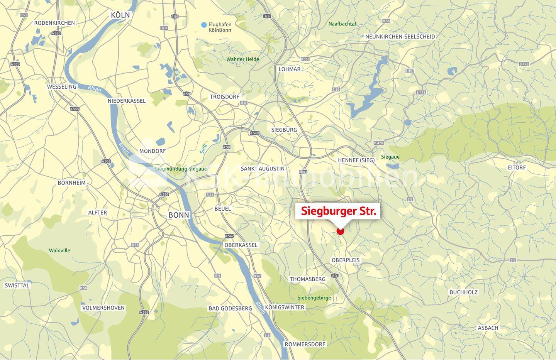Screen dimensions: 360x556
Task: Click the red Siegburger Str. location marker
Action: (x=340, y=231)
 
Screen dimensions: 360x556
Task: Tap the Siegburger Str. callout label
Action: (x=338, y=211)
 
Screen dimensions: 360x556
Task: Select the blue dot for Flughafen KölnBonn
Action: (x=204, y=25)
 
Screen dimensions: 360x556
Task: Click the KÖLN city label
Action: (x=120, y=15)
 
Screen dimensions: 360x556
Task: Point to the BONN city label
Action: (x=179, y=215)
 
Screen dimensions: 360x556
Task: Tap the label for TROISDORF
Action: (x=225, y=97)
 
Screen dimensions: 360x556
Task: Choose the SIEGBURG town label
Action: (x=284, y=130)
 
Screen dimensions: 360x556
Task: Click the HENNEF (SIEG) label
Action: (x=356, y=160)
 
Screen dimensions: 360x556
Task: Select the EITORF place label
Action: (x=517, y=167)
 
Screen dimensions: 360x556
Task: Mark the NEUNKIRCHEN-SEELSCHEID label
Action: (x=400, y=37)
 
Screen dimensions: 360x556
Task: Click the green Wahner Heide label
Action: (x=243, y=59)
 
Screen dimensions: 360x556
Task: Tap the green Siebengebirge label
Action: (x=314, y=298)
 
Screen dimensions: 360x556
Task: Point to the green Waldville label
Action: (x=59, y=250)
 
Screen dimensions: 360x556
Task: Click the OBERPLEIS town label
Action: (x=346, y=260)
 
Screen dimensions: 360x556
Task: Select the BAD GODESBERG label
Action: (x=230, y=308)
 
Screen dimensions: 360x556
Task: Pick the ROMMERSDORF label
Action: (x=305, y=344)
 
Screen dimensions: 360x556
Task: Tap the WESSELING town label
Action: (x=62, y=87)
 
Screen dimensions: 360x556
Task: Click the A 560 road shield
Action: (x=255, y=133)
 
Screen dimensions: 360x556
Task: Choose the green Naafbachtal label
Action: (x=342, y=24)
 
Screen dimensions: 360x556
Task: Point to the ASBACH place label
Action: (x=488, y=328)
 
